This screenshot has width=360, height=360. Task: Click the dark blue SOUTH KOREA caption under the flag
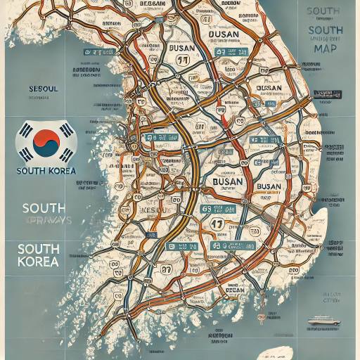pyautogui.click(x=45, y=171)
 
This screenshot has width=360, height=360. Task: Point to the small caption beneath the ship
pyautogui.click(x=323, y=329)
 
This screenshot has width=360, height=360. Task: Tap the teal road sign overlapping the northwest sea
pyautogui.click(x=91, y=53)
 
